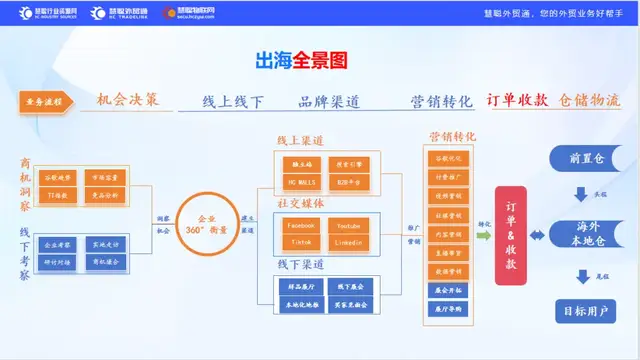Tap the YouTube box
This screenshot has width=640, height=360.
point(348,226)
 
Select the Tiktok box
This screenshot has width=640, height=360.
point(299,243)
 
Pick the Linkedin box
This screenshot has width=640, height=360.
point(348,243)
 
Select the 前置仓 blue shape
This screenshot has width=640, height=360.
point(587,157)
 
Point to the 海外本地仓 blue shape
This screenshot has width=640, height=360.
point(588,234)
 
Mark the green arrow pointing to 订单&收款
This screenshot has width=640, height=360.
point(482,236)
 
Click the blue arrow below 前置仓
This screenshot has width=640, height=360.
point(582,194)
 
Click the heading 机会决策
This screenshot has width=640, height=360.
point(128,101)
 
